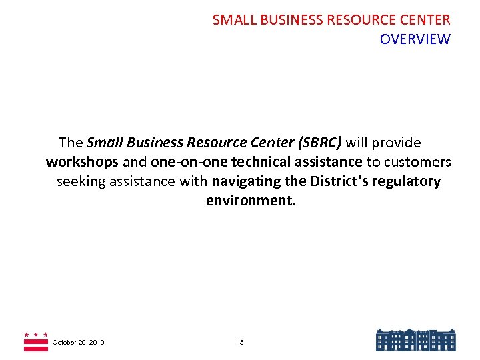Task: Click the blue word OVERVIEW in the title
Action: click(x=415, y=39)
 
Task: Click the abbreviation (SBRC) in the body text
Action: click(x=319, y=143)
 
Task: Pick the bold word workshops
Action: click(x=82, y=162)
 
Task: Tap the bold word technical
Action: click(x=260, y=162)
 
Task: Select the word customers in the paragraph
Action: click(x=419, y=162)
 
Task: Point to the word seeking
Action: click(x=81, y=181)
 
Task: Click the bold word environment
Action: click(x=250, y=201)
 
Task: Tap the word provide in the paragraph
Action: click(x=397, y=143)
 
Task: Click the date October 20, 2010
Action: click(x=78, y=343)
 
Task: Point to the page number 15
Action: click(x=240, y=343)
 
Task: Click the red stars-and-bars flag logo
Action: click(x=35, y=341)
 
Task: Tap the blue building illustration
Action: click(x=415, y=340)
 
